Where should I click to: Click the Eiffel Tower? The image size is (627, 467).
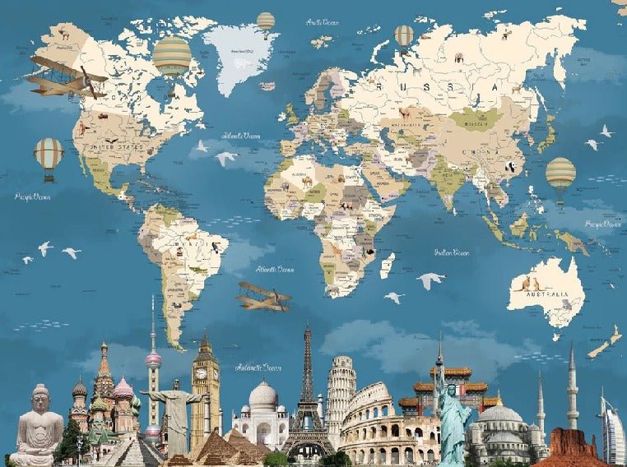(x=308, y=395)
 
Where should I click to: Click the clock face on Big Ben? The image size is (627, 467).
(x=201, y=373)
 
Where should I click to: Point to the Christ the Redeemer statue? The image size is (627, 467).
(x=175, y=411)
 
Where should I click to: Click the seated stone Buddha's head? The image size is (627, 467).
(x=41, y=400)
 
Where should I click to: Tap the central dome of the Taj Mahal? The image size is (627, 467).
(x=263, y=396)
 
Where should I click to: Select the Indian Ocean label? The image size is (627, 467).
(x=452, y=252)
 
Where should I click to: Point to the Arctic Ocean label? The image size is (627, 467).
(x=323, y=22)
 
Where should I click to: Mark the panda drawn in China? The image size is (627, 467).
(x=509, y=167)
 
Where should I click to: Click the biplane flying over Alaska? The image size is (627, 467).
(x=64, y=77)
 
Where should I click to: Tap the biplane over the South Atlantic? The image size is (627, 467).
(x=263, y=296)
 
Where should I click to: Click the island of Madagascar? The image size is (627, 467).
(x=385, y=265)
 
